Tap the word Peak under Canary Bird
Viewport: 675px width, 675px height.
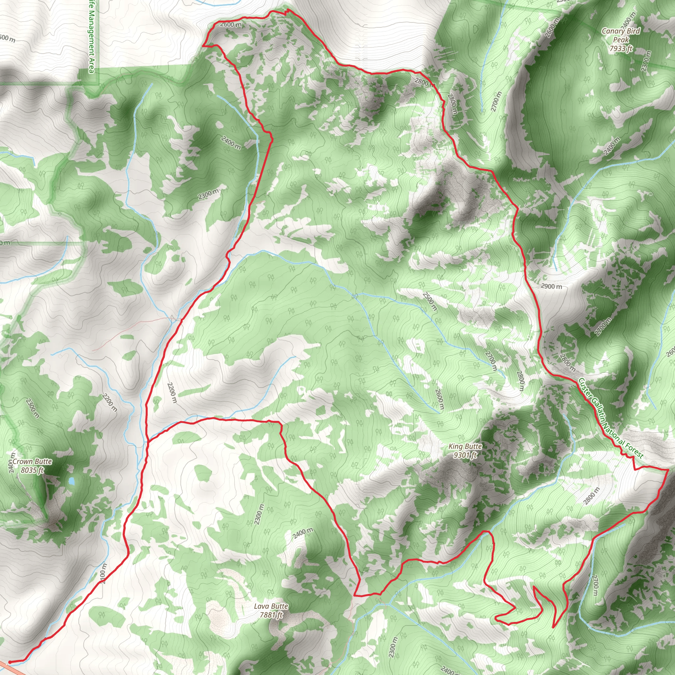tap(621, 40)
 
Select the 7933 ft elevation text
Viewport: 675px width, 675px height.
tap(621, 48)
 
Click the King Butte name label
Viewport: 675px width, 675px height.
tap(465, 447)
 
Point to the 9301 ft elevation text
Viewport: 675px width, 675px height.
tap(465, 455)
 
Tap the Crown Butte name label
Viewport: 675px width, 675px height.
tap(32, 461)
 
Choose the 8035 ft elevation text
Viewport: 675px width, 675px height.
tap(32, 470)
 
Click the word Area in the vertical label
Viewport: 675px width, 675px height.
tap(92, 66)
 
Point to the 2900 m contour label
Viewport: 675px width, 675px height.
tap(551, 286)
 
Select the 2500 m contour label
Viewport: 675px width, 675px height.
tap(429, 301)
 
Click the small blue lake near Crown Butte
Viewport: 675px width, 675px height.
tap(71, 481)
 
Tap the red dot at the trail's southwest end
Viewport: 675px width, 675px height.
tap(10, 662)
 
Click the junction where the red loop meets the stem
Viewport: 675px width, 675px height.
tap(148, 441)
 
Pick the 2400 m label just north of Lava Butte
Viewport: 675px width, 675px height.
tap(303, 533)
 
